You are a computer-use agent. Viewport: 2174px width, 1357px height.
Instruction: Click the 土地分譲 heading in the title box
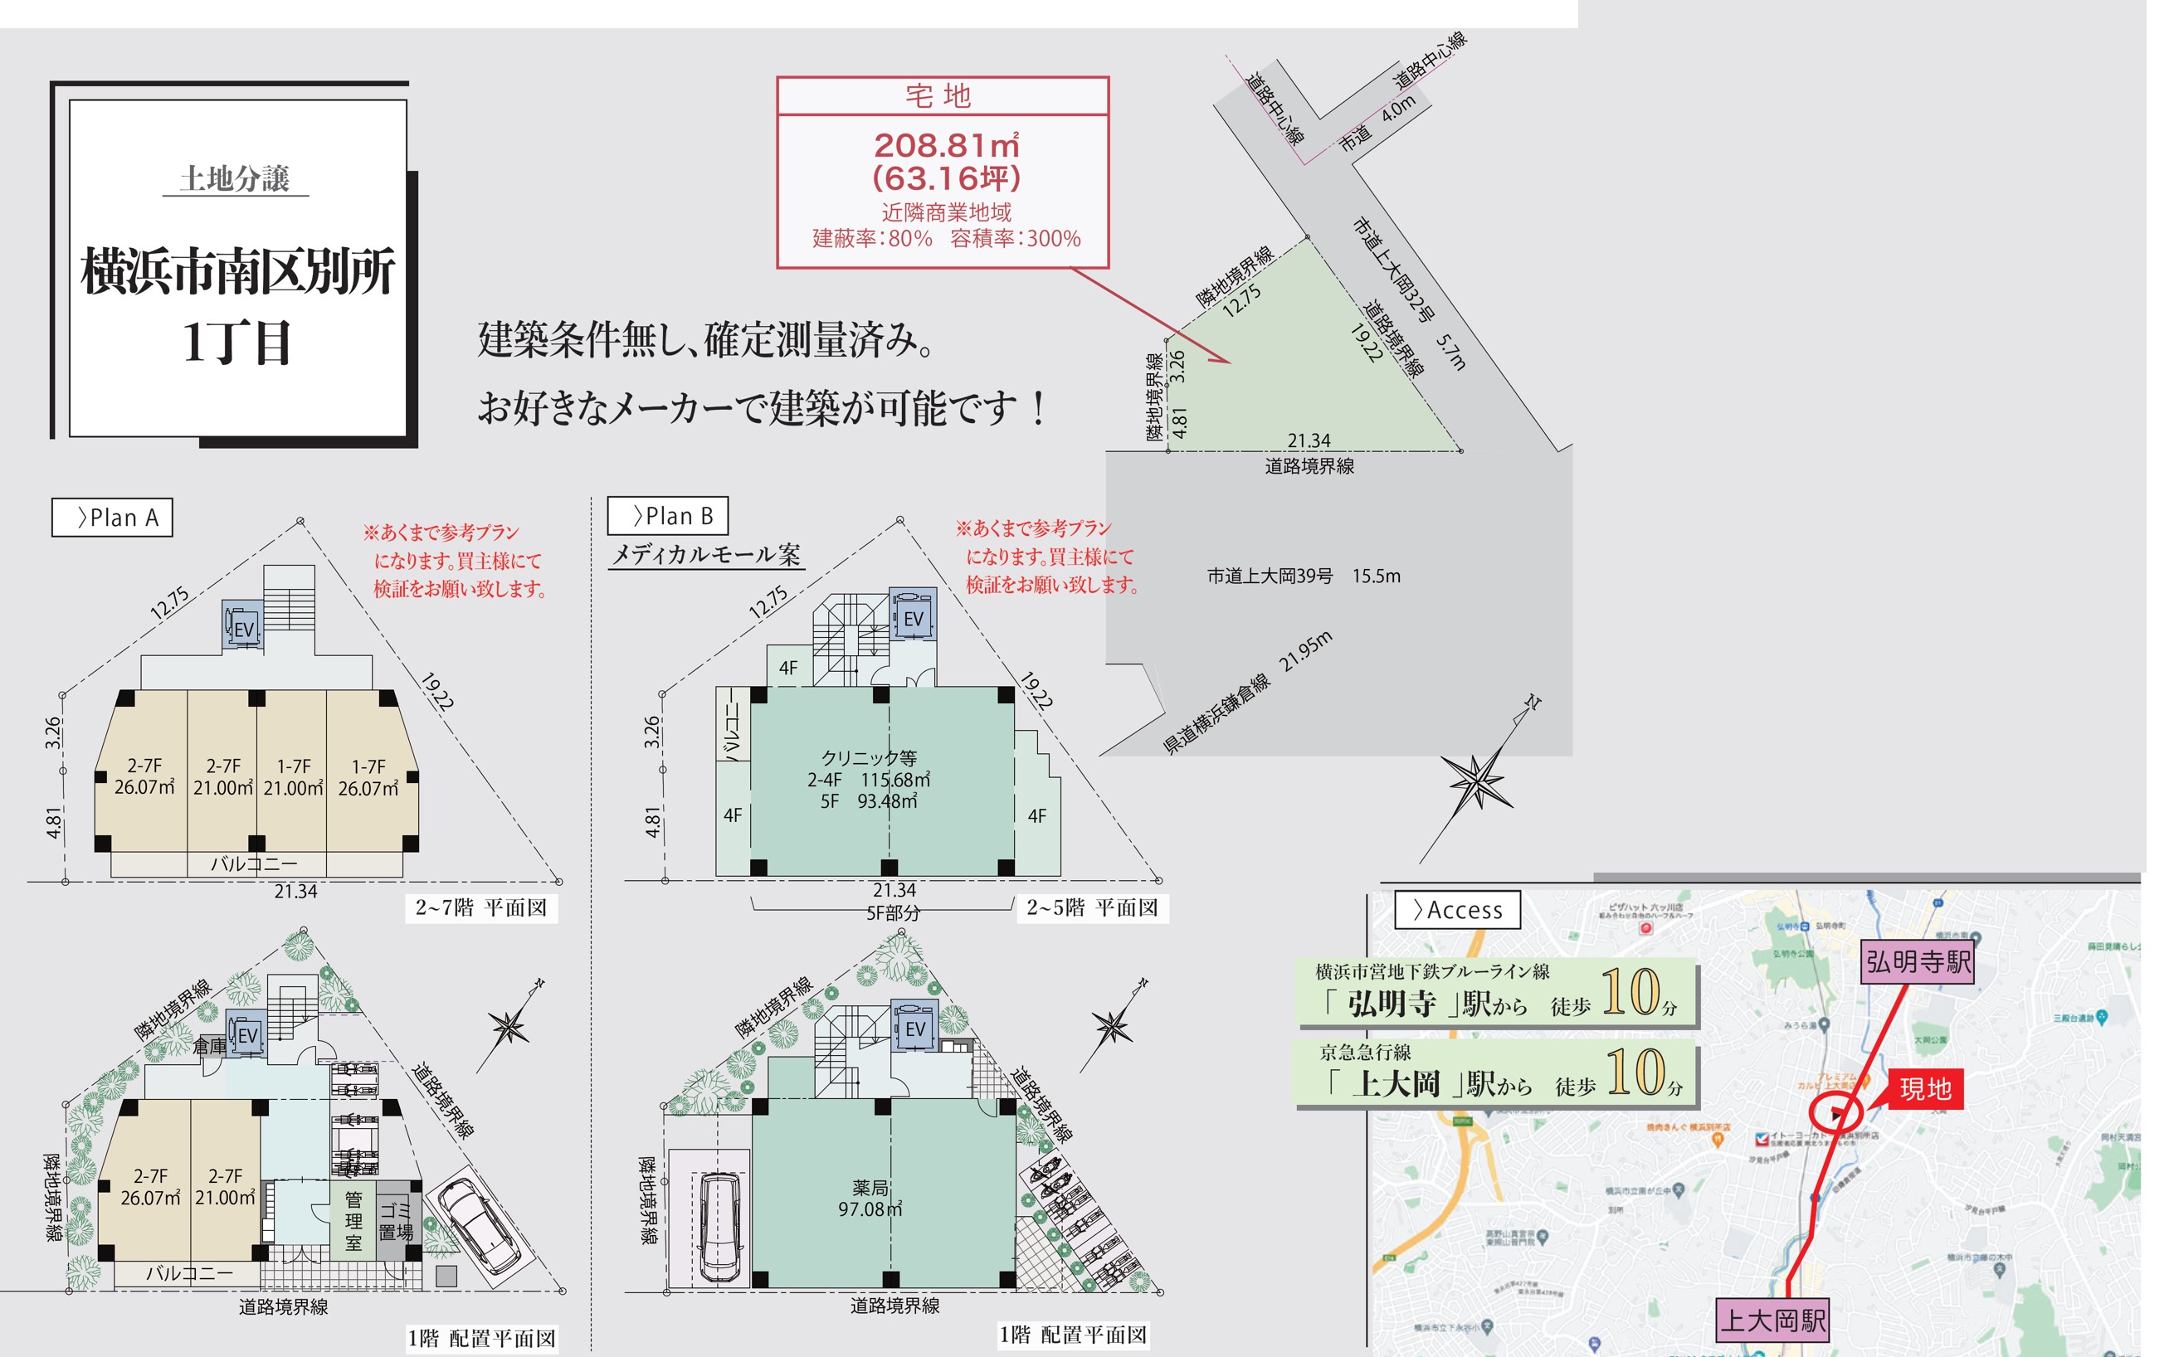(234, 178)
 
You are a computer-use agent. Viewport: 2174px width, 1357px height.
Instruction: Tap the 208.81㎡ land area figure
(946, 145)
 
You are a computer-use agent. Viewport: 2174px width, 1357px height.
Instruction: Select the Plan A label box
(112, 518)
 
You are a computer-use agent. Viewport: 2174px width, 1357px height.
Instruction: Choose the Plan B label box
(667, 516)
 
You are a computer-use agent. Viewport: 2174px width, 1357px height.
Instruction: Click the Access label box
(1456, 910)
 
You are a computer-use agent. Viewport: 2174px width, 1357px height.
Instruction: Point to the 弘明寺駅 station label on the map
(1918, 962)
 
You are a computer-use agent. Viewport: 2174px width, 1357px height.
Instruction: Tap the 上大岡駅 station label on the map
(1772, 1321)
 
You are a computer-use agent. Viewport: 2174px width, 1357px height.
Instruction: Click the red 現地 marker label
(1925, 1088)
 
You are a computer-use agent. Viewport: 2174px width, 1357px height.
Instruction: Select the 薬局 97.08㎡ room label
(870, 1198)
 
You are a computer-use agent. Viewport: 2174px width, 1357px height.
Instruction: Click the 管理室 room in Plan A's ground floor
(353, 1221)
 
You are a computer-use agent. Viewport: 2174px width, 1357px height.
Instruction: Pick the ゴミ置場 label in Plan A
(396, 1221)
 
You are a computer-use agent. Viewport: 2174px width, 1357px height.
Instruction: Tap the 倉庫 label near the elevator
(209, 1046)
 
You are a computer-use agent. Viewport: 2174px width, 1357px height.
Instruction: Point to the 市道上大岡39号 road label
(1270, 576)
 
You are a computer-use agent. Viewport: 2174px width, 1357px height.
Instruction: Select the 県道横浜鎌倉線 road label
(1216, 713)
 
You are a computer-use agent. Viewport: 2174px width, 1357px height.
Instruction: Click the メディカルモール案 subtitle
(705, 555)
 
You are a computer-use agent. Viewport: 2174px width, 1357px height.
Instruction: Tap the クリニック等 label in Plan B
(869, 758)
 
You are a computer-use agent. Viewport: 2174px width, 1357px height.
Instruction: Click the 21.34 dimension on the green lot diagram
(1309, 440)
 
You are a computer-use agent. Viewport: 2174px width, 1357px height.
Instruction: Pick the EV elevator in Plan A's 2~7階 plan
(242, 626)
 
